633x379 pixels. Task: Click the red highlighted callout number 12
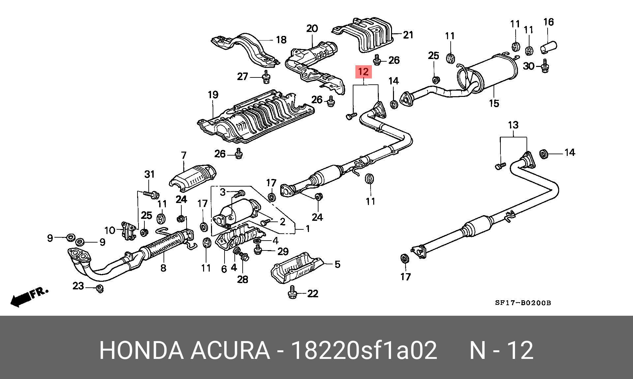click(363, 72)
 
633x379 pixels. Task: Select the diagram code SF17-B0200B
click(523, 303)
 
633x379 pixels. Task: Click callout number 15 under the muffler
click(494, 103)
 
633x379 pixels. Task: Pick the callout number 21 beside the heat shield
click(408, 35)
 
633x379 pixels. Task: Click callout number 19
click(213, 95)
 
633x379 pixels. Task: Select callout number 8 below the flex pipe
click(163, 268)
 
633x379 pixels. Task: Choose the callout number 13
click(513, 125)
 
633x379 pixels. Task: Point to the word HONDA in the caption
click(141, 350)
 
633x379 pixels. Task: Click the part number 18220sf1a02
click(365, 350)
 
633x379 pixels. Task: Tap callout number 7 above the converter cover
click(184, 155)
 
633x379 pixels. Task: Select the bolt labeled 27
click(265, 78)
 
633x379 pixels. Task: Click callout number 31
click(149, 174)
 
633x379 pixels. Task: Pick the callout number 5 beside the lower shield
click(337, 264)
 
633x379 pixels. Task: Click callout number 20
click(312, 29)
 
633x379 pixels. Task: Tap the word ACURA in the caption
click(230, 350)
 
